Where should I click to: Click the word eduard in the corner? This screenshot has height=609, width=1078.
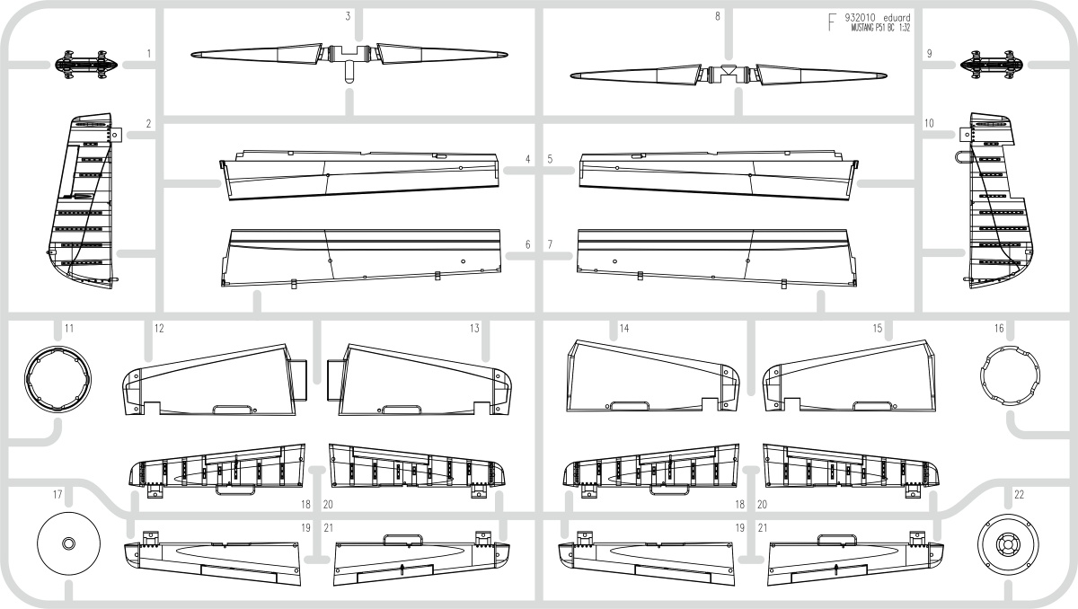897,18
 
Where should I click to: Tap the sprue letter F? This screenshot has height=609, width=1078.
832,22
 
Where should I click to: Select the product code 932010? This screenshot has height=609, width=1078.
862,18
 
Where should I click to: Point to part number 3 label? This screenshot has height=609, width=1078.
348,16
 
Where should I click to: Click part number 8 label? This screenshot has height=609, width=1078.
718,16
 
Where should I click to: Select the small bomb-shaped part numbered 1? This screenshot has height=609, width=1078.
86,65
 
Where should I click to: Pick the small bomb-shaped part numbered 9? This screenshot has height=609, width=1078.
993,65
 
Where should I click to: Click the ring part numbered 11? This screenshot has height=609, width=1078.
57,378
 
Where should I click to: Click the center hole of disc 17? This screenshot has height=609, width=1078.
69,543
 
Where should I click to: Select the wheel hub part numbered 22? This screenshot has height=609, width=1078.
1008,543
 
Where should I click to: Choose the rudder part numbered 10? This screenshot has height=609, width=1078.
994,201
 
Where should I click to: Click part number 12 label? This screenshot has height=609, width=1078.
159,329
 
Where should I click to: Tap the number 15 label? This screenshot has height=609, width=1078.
878,329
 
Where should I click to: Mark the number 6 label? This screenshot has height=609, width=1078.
527,245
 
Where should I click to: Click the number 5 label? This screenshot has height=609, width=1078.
550,159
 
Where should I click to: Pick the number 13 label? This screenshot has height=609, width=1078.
474,329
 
